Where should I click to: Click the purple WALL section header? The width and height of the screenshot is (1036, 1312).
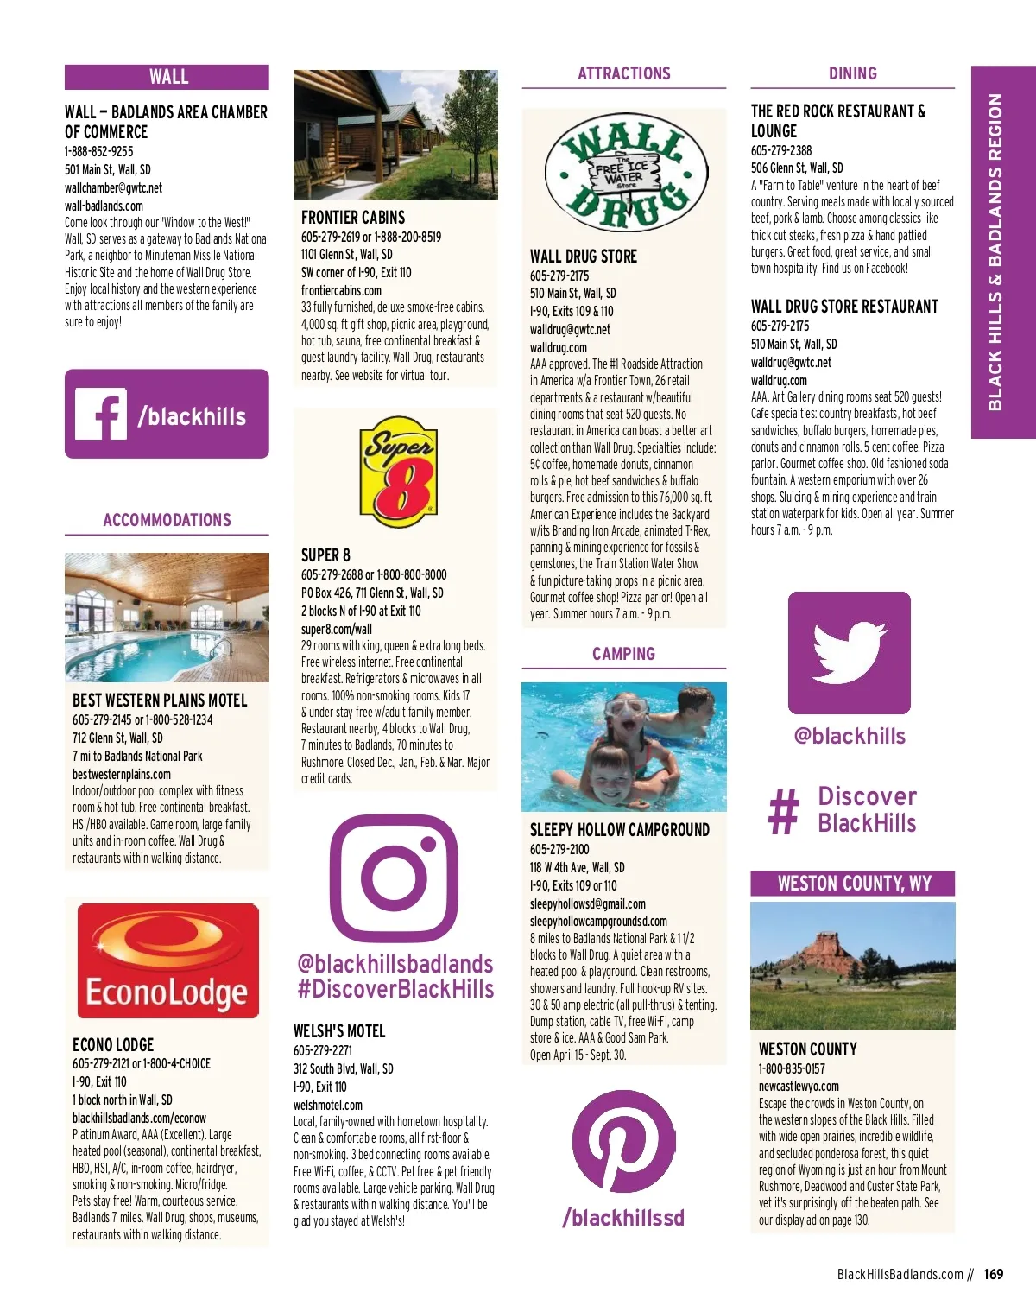(x=167, y=77)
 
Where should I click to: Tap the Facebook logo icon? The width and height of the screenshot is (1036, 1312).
(x=101, y=414)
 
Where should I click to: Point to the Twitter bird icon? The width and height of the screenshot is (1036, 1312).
(x=849, y=652)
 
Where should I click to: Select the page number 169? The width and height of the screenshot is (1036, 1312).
(x=993, y=1274)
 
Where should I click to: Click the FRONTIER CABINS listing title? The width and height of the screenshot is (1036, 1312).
(x=353, y=218)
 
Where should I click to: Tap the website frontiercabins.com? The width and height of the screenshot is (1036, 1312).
(x=341, y=291)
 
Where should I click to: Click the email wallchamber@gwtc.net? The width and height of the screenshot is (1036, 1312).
(x=113, y=188)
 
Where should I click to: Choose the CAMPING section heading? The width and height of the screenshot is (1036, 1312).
(x=623, y=654)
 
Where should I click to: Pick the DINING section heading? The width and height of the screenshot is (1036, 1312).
(x=852, y=73)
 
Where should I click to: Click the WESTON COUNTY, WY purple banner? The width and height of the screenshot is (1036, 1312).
(x=853, y=884)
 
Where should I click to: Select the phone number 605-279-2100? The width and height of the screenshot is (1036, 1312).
(x=559, y=849)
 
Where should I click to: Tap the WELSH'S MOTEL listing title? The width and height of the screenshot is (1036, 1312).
(x=339, y=1031)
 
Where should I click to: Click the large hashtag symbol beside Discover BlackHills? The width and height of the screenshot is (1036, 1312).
(x=783, y=812)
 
